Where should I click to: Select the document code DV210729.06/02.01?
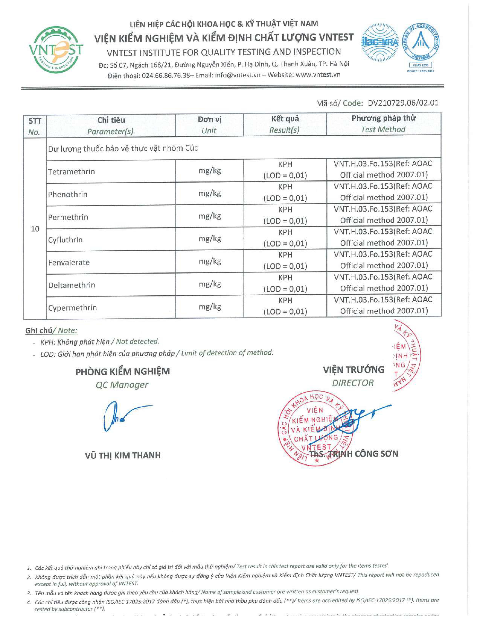pos(403,103)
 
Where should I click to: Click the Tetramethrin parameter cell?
pos(71,172)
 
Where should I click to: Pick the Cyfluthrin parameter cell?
pos(65,240)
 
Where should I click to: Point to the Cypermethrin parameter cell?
pos(72,308)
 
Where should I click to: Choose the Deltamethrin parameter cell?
pos(72,285)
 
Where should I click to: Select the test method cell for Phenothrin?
pos(383,192)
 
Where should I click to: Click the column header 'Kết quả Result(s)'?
pos(285,124)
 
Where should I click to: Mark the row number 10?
pos(35,229)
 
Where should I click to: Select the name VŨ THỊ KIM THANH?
pos(123,456)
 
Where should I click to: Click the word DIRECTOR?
pos(353,383)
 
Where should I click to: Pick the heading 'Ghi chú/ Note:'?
pos(51,330)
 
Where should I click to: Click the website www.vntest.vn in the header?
pos(318,75)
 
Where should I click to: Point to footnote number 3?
pos(29,593)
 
